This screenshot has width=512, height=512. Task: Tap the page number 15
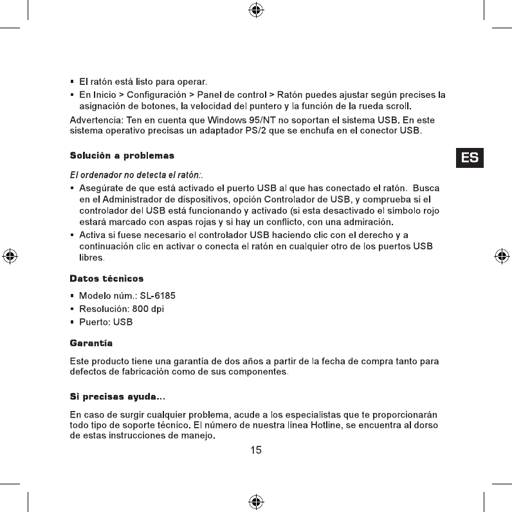pyautogui.click(x=256, y=450)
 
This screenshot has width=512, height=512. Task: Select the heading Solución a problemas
pyautogui.click(x=122, y=156)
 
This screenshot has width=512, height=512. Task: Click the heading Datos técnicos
pyautogui.click(x=106, y=279)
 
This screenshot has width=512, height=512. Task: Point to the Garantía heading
pyautogui.click(x=91, y=344)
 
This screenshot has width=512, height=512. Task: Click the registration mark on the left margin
pyautogui.click(x=10, y=255)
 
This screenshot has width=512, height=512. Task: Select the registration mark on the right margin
pyautogui.click(x=502, y=255)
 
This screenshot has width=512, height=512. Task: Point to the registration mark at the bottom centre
pyautogui.click(x=256, y=501)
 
